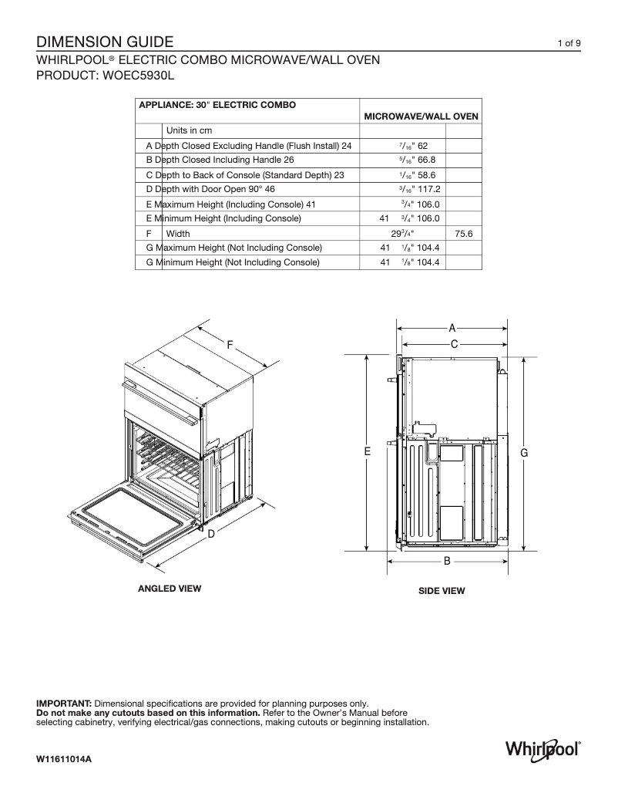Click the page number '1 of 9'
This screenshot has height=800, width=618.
coord(569,43)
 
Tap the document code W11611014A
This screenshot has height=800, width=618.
coord(64,760)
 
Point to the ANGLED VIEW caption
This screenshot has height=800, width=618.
coord(169,589)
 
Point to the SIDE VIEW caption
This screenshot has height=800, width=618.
coord(442,591)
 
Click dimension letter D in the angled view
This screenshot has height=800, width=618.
coord(210,533)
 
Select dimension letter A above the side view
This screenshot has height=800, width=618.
coord(453,327)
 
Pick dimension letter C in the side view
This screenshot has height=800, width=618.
coord(454,343)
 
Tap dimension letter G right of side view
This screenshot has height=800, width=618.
coord(524,453)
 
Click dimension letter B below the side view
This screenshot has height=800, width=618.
coord(447,562)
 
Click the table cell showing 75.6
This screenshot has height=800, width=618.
coord(463,233)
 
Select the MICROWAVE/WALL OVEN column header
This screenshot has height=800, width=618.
coord(421,116)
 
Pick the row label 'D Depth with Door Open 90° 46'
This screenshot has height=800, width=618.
coord(210,189)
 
